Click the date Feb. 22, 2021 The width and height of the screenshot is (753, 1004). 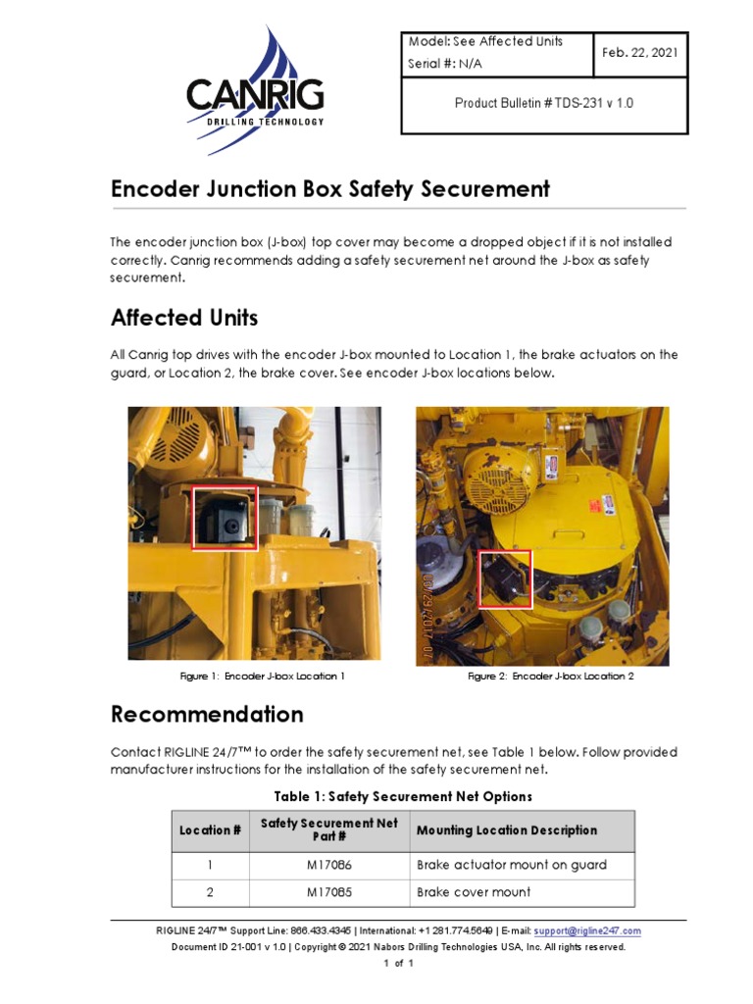[640, 53]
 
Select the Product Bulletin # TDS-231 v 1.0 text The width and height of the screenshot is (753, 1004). [544, 103]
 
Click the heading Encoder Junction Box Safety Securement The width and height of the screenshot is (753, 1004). [330, 189]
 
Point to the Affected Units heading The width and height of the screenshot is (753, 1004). [184, 318]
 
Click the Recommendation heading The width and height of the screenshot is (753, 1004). [207, 713]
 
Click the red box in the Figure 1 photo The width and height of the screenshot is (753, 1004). [225, 518]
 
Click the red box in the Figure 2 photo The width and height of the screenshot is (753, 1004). [505, 578]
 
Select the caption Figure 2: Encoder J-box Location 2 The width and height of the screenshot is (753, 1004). [551, 677]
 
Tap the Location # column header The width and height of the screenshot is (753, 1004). [210, 830]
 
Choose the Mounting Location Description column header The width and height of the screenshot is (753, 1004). [507, 830]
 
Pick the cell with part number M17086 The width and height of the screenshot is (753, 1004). [328, 865]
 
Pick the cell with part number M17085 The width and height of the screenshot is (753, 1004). [328, 892]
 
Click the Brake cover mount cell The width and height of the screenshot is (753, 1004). [474, 892]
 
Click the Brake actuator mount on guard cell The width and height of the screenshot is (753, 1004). [512, 865]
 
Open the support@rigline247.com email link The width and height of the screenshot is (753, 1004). [589, 930]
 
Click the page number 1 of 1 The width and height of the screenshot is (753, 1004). [398, 965]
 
